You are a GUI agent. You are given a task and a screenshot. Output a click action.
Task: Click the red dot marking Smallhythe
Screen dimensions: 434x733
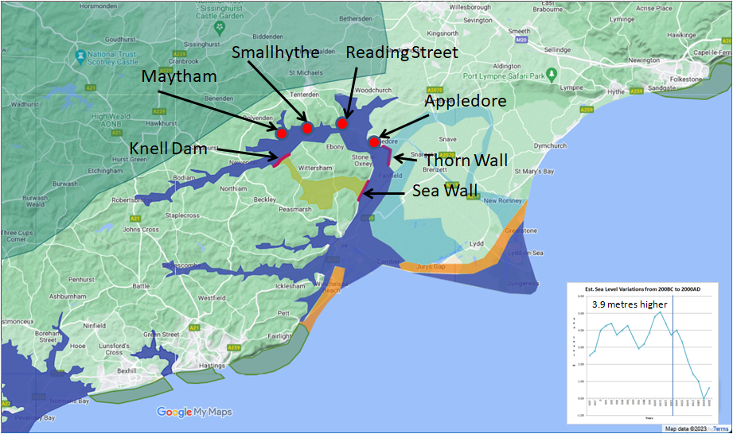[x=307, y=128]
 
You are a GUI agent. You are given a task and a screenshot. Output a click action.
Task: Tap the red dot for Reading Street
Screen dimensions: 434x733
[x=342, y=123]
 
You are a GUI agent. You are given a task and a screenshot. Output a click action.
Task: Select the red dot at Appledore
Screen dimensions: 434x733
[x=374, y=142]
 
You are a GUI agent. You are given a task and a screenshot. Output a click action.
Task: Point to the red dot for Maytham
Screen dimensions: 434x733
[x=281, y=134]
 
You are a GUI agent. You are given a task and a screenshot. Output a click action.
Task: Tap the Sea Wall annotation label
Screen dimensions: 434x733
[x=445, y=191]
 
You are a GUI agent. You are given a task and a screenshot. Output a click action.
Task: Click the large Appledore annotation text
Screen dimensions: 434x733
[x=466, y=102]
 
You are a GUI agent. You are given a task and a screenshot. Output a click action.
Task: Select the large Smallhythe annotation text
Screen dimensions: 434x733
[x=275, y=52]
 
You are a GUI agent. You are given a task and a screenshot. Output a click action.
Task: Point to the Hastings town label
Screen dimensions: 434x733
[x=211, y=366]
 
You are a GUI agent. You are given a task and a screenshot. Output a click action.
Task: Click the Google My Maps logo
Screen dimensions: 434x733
[x=193, y=412]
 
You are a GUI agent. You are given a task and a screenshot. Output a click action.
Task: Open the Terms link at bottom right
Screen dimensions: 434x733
[x=719, y=428]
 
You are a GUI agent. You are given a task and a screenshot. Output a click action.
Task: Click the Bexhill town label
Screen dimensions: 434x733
[x=127, y=370]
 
